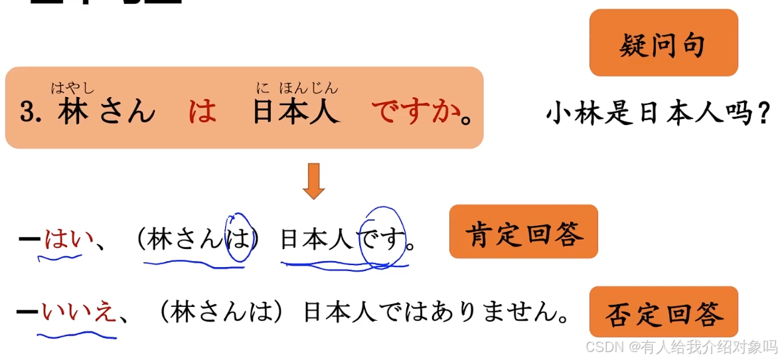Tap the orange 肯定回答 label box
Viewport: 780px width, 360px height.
coord(523,232)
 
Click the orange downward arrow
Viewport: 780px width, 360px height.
coord(313,181)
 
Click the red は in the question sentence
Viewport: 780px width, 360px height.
coord(202,112)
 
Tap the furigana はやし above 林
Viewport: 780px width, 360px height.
coord(72,88)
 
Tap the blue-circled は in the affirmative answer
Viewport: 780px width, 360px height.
coord(236,239)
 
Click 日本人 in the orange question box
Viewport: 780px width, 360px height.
coord(295,112)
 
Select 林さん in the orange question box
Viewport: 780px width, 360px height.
coord(106,112)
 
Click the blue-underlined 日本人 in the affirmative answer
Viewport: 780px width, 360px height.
coord(317,240)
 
